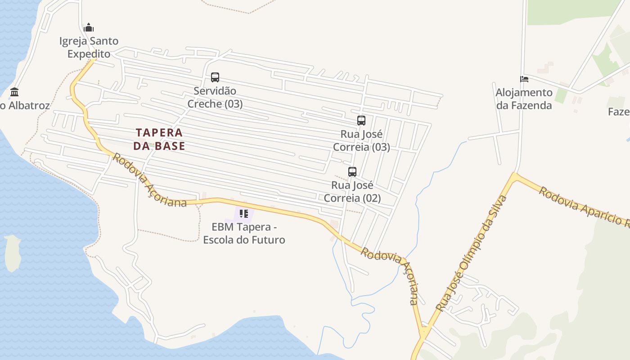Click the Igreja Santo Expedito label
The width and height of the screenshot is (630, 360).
coord(89,47)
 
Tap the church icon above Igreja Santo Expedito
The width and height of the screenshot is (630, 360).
coord(89,27)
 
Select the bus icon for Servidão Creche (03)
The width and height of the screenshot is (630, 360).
coord(215,77)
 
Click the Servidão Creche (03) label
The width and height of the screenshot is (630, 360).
coord(215,97)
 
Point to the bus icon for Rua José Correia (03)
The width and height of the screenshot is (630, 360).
coord(361,121)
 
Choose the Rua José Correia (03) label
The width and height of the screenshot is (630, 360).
coord(361,140)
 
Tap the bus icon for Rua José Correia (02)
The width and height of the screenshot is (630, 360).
coord(352,172)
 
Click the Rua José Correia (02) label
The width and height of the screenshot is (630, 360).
coord(352,192)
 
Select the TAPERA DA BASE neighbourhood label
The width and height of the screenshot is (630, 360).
coord(159,139)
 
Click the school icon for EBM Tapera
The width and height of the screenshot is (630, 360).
coord(244,214)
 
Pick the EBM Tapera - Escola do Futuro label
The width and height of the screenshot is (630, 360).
coord(244,233)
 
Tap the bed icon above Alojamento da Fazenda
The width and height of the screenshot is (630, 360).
coord(524,79)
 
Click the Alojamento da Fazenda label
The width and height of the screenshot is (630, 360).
coord(524,99)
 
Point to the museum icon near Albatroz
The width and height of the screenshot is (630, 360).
coord(14,93)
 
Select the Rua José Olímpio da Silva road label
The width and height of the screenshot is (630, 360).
coord(472,253)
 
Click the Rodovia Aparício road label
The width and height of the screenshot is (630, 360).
coord(584,207)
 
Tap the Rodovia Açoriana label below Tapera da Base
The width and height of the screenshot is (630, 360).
coord(149,181)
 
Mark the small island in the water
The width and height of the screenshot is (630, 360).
coord(12,253)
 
